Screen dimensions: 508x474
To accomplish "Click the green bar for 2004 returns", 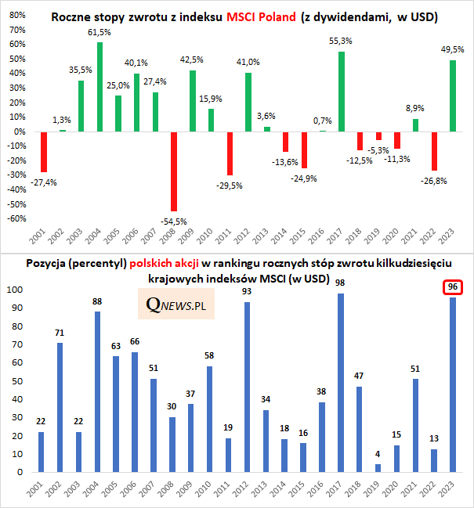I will click(100, 87).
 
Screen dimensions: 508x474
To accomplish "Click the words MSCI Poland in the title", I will click(262, 16).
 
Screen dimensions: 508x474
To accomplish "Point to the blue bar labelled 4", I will click(378, 468).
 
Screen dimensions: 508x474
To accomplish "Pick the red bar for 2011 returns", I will click(230, 153).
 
